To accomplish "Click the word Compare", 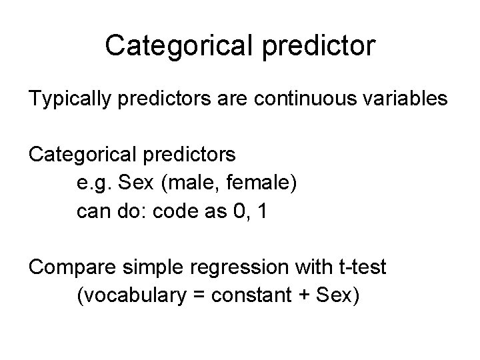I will click(69, 267).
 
